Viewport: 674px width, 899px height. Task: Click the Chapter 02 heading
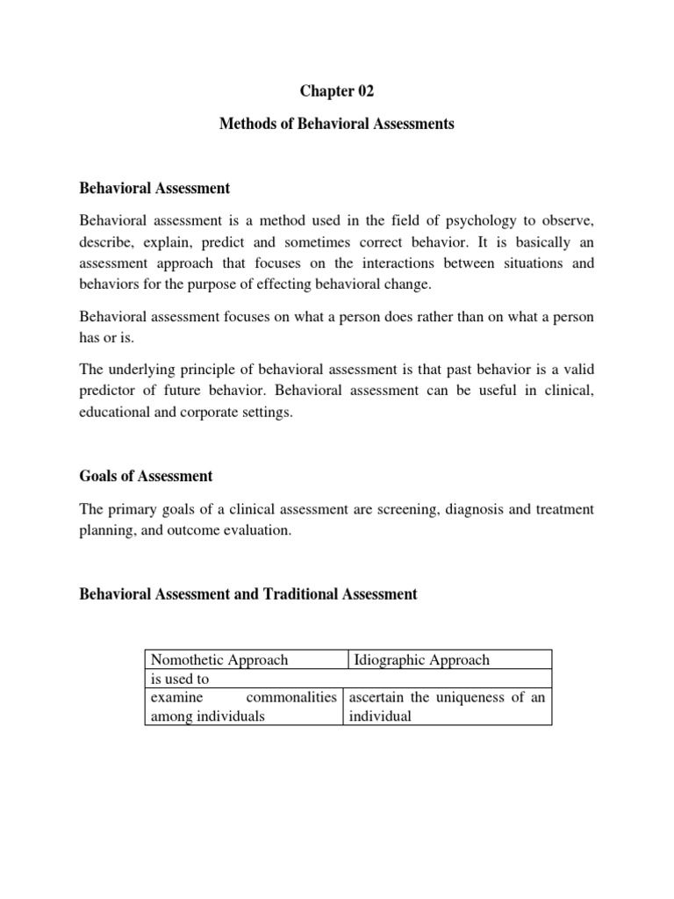click(336, 91)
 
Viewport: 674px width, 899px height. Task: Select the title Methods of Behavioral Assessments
click(336, 124)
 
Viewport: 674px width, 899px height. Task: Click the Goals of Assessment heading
click(146, 476)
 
